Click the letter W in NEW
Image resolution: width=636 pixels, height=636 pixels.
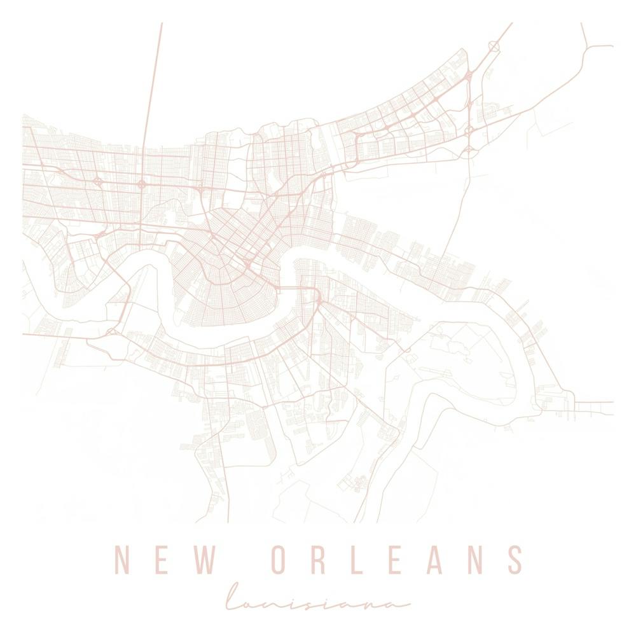(x=207, y=560)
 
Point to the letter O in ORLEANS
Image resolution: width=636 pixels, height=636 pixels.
(x=282, y=560)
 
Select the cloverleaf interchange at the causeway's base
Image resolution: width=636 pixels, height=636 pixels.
(x=141, y=184)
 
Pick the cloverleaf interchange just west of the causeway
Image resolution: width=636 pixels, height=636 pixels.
(x=99, y=182)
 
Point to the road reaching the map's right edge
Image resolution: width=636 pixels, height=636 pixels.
(x=604, y=403)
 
